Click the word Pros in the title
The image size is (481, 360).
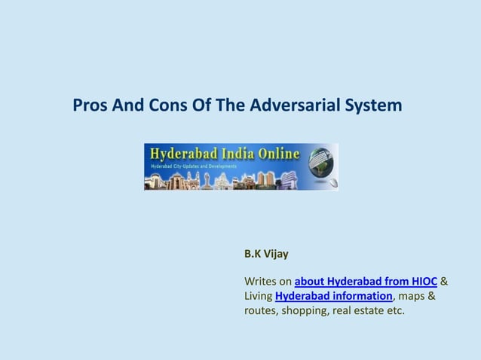(x=90, y=105)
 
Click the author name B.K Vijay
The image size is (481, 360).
(x=261, y=255)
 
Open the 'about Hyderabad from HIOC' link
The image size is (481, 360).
(x=366, y=282)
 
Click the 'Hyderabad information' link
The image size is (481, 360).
(x=333, y=296)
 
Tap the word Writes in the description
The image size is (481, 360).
(x=261, y=282)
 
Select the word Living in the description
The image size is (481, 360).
(x=259, y=296)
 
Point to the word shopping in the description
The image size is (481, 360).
(x=304, y=310)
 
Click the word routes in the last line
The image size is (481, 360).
(x=260, y=310)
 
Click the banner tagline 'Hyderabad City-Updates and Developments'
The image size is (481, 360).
(x=194, y=166)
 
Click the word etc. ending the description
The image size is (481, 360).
(x=394, y=310)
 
